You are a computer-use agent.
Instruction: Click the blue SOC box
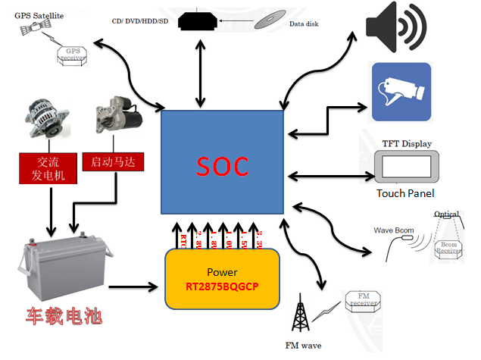point(223,161)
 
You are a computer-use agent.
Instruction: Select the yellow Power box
point(222,278)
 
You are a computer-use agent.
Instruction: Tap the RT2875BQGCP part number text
point(222,287)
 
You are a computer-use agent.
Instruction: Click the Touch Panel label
point(405,194)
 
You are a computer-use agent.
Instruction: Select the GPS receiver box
point(73,54)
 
